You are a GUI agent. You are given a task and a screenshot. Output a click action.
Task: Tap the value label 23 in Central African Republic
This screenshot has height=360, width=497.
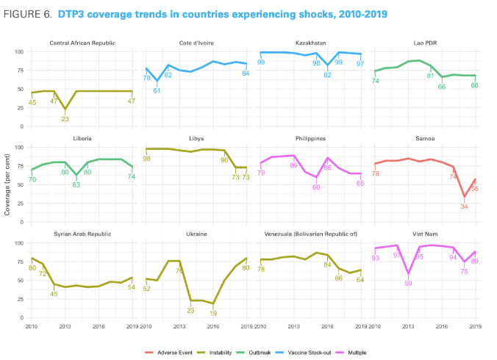[65, 118]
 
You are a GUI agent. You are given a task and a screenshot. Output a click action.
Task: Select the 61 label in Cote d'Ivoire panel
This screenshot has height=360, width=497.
[157, 90]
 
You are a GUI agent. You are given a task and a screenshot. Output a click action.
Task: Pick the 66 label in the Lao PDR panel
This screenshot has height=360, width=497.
[442, 87]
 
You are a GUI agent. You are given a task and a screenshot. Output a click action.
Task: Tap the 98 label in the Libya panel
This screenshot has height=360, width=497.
[147, 159]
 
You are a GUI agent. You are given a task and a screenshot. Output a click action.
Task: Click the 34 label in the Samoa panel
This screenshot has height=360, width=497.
[465, 206]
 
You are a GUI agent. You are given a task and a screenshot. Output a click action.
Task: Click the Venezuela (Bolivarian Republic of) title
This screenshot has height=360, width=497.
[310, 234]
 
